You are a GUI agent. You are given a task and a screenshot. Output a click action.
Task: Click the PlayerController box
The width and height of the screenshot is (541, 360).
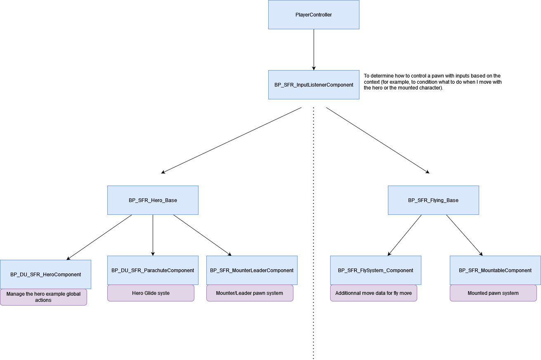click(x=314, y=14)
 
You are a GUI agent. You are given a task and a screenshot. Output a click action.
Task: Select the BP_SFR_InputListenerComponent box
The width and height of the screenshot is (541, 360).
click(x=314, y=85)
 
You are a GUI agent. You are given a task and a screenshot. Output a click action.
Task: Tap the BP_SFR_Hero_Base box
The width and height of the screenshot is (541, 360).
click(x=153, y=200)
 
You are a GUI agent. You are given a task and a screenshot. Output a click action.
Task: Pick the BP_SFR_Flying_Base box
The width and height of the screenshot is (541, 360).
click(x=433, y=200)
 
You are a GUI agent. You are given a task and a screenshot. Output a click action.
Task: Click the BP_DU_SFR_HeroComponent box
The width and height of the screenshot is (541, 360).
click(x=45, y=274)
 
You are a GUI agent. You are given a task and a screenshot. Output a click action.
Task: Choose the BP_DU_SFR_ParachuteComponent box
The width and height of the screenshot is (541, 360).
click(x=153, y=270)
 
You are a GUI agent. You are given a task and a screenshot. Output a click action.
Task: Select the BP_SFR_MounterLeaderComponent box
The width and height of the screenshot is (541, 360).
click(x=252, y=270)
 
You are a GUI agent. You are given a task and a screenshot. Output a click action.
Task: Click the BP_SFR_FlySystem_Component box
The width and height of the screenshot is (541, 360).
click(x=376, y=270)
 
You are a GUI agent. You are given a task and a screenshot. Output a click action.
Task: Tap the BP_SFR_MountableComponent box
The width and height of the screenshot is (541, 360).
click(x=495, y=270)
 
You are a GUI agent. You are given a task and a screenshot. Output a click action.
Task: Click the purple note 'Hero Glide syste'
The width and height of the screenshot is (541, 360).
click(x=151, y=293)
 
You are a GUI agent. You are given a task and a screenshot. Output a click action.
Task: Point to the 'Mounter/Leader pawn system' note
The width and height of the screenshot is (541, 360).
click(x=250, y=293)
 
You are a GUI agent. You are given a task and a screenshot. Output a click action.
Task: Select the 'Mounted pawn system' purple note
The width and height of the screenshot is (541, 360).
click(x=493, y=293)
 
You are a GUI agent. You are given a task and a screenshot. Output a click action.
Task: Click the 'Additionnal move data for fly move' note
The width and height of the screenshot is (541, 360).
click(x=373, y=293)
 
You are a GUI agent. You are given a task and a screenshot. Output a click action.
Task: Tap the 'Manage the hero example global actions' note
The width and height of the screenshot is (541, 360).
click(x=43, y=297)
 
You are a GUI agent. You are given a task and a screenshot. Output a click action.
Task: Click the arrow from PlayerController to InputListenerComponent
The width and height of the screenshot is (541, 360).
click(x=314, y=49)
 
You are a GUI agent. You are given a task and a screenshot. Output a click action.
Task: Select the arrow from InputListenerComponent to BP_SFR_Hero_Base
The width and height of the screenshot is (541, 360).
click(x=231, y=140)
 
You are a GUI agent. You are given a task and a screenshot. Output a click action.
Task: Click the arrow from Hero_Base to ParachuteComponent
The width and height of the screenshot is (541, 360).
click(x=153, y=235)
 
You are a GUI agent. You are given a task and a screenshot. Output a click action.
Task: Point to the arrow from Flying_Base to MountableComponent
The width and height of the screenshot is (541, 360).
click(x=464, y=235)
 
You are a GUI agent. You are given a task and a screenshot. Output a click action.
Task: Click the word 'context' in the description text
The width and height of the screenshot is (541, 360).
click(x=372, y=82)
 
